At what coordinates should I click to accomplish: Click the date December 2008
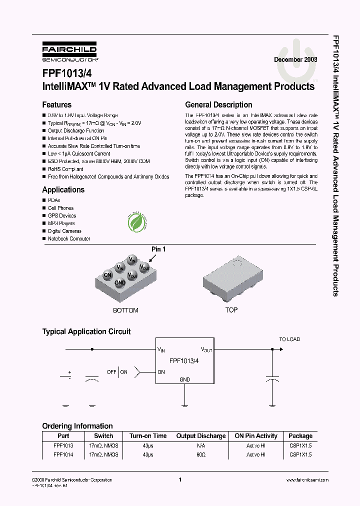(x=295, y=59)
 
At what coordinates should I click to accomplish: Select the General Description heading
(x=218, y=105)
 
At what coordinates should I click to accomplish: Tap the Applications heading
(x=63, y=190)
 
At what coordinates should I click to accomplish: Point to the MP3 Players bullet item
(x=61, y=223)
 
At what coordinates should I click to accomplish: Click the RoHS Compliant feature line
(x=65, y=169)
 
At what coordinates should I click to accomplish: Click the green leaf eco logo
(x=136, y=222)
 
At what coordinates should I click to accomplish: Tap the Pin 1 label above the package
(x=158, y=249)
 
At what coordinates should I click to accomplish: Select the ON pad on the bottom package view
(x=107, y=274)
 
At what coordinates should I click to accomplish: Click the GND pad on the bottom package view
(x=120, y=282)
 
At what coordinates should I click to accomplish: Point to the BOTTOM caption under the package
(x=125, y=310)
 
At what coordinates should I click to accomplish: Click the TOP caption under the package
(x=231, y=310)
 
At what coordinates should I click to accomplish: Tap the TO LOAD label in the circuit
(x=289, y=339)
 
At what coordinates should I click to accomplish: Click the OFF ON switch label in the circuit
(x=117, y=372)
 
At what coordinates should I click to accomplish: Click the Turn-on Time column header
(x=147, y=436)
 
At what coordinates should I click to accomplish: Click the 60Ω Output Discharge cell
(x=200, y=454)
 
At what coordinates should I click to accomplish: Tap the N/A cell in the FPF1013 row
(x=200, y=445)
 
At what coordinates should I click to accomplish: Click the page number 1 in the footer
(x=179, y=480)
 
